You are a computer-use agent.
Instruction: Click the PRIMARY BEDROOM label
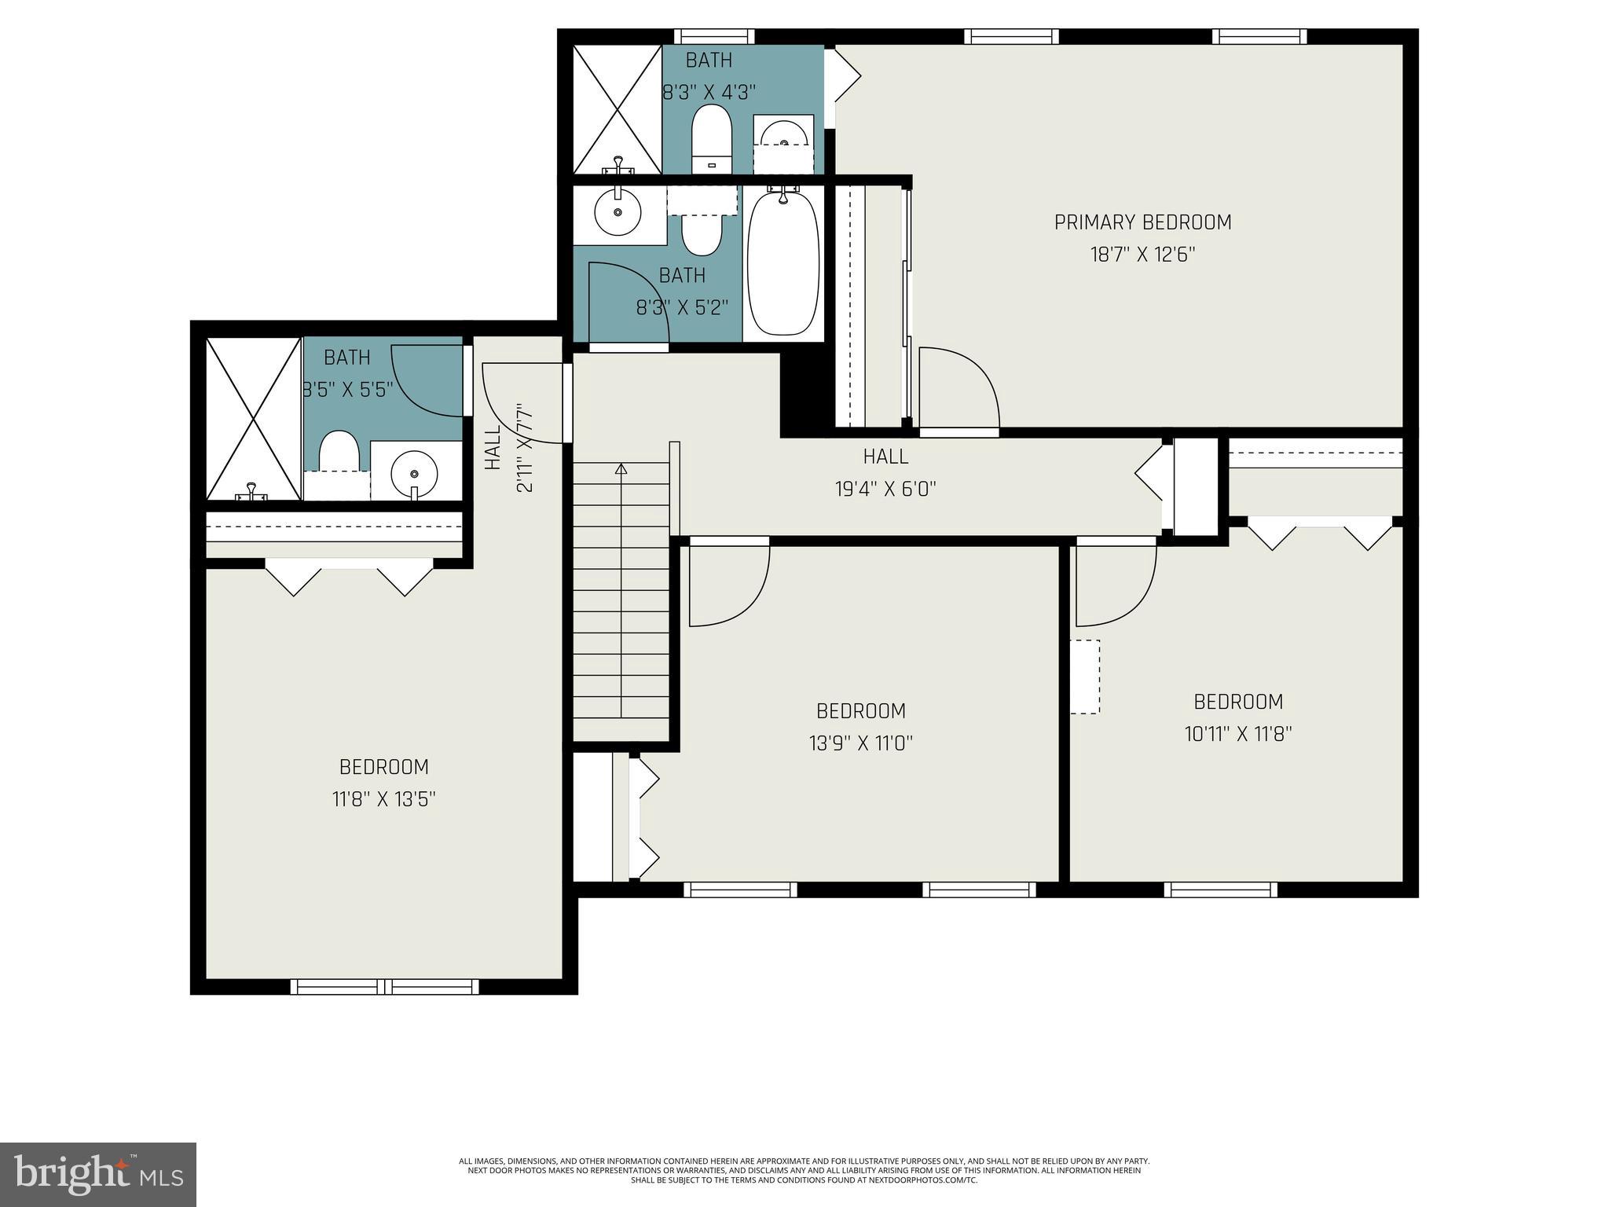pyautogui.click(x=1142, y=222)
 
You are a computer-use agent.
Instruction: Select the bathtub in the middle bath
pyautogui.click(x=783, y=263)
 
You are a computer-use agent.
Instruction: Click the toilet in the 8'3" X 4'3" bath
pyautogui.click(x=712, y=139)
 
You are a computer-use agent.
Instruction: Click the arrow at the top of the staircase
pyautogui.click(x=621, y=470)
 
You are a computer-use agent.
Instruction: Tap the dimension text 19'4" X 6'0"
pyautogui.click(x=885, y=490)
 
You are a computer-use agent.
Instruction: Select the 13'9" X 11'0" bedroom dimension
pyautogui.click(x=861, y=743)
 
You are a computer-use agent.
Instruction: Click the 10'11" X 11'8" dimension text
pyautogui.click(x=1238, y=734)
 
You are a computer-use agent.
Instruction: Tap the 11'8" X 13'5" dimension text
pyautogui.click(x=383, y=800)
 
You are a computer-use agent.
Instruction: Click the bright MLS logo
pyautogui.click(x=97, y=1174)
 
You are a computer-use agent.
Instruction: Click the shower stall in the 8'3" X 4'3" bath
pyautogui.click(x=617, y=109)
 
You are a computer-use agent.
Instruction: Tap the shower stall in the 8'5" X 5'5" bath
pyautogui.click(x=253, y=418)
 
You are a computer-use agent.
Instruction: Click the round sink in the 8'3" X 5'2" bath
pyautogui.click(x=618, y=212)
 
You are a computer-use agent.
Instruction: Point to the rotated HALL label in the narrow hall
pyautogui.click(x=493, y=448)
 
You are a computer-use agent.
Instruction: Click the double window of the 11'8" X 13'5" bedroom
pyautogui.click(x=384, y=986)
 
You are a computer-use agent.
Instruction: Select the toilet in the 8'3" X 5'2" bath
pyautogui.click(x=701, y=233)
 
